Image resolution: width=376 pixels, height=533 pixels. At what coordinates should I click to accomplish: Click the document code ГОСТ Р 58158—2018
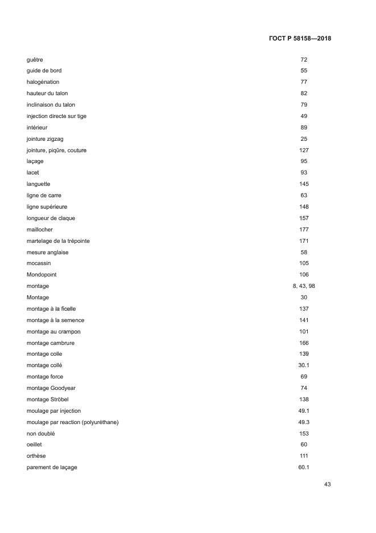pos(299,39)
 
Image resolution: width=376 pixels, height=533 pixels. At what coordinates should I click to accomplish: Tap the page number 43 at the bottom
pos(327,484)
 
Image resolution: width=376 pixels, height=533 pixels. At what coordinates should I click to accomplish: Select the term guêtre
pos(35,59)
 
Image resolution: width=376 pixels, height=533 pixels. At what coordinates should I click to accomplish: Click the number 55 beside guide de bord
pos(304,71)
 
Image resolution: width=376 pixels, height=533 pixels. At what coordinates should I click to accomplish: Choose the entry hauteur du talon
pos(47,93)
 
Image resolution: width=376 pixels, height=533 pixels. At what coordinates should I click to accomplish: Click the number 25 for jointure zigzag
pos(304,139)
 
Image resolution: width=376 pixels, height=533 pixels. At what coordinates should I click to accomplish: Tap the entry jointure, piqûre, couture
pos(56,150)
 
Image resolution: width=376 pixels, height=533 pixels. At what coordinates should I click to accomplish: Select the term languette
pos(39,184)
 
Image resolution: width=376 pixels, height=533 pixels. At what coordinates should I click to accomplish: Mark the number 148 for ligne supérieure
pos(304,206)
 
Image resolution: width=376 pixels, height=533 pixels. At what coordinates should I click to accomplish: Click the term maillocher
pos(40,229)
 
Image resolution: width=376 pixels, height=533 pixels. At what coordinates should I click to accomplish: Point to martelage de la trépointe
pos(58,241)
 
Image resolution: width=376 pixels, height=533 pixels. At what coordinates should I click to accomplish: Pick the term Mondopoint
pos(42,275)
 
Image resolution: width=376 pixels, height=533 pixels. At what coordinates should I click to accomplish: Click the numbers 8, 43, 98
pos(304,286)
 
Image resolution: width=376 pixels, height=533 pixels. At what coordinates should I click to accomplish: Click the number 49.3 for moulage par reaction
pos(304,422)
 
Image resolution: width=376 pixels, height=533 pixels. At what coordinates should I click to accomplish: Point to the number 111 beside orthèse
pos(304,456)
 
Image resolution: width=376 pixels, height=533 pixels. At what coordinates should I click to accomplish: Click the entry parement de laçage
pos(52,467)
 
